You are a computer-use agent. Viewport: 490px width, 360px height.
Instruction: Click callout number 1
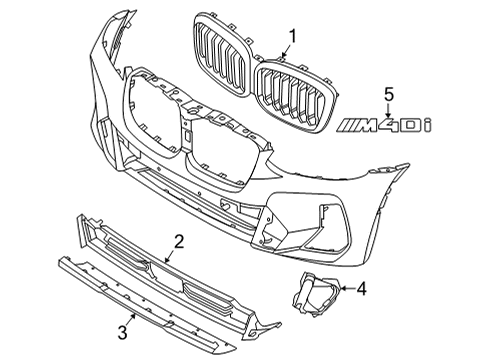pyautogui.click(x=293, y=39)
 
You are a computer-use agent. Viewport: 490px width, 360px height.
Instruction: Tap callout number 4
pyautogui.click(x=362, y=291)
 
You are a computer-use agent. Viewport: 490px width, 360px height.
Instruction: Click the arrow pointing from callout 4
pyautogui.click(x=344, y=291)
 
